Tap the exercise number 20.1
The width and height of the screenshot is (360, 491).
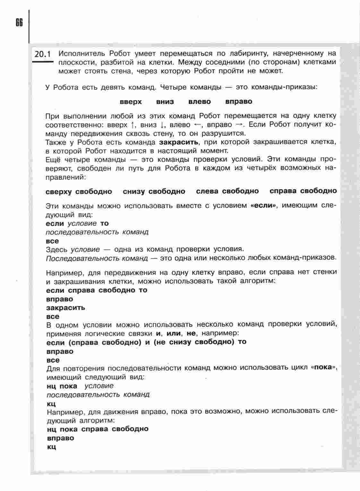(x=43, y=54)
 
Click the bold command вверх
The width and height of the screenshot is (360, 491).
(x=131, y=102)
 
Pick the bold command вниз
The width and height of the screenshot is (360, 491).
(x=165, y=102)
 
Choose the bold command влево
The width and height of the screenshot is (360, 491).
(x=200, y=102)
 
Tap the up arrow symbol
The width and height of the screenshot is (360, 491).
(x=133, y=125)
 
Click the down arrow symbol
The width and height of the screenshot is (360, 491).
(x=163, y=125)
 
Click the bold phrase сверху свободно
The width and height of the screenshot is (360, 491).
(x=79, y=192)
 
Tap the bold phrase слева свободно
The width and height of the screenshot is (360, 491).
(x=227, y=191)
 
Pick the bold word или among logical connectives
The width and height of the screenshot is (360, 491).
(x=174, y=333)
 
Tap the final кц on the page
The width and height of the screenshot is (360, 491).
(x=51, y=447)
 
